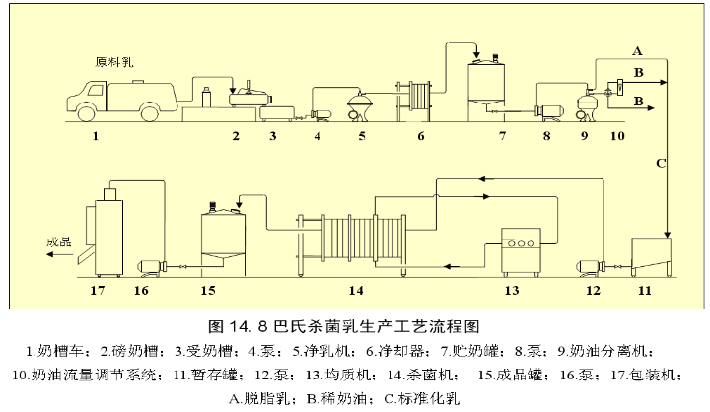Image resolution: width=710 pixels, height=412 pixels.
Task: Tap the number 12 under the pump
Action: coord(592,290)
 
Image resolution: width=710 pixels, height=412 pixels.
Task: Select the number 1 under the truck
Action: coord(96,136)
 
